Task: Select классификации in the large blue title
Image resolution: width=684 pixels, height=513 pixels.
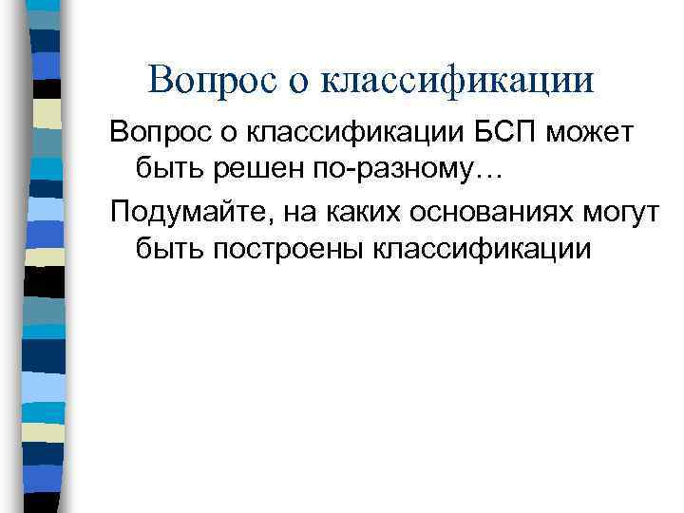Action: [459, 80]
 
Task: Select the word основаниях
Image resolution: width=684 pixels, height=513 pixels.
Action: [467, 212]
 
